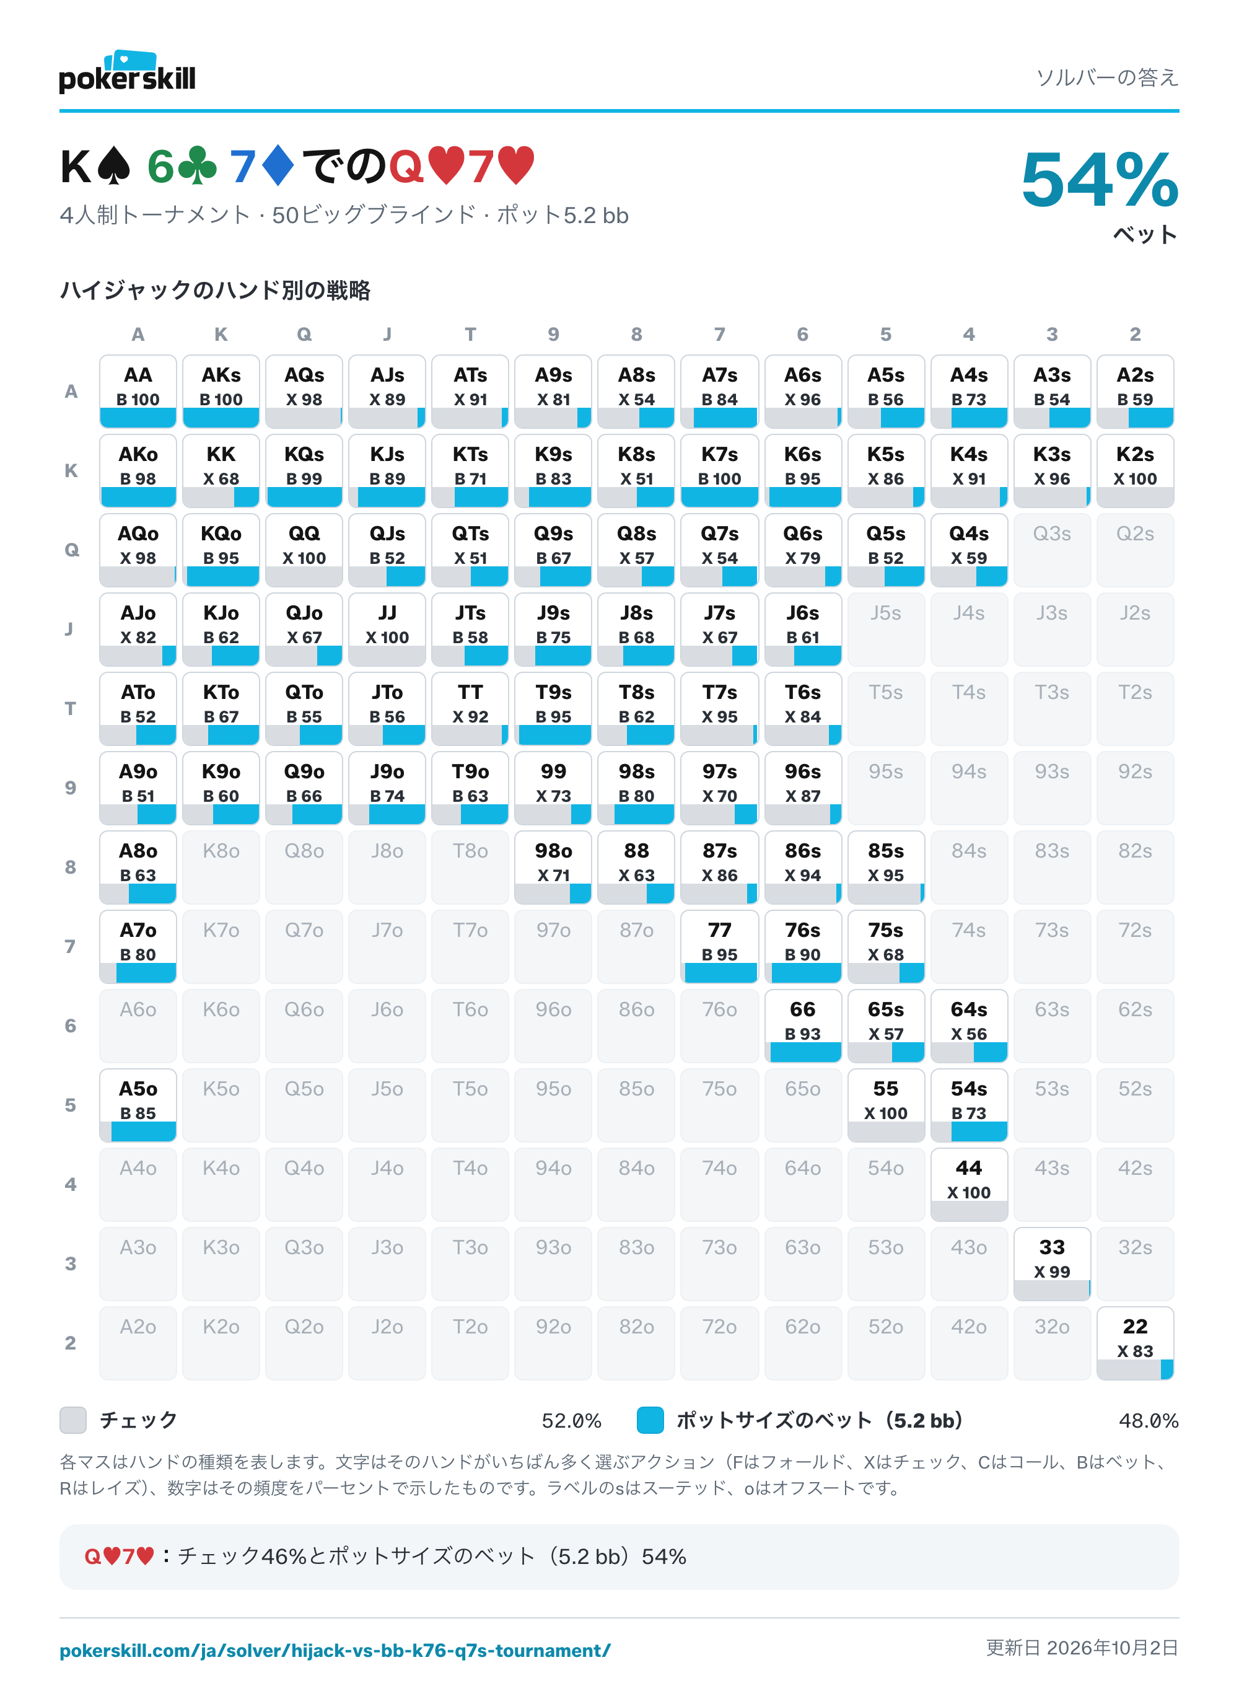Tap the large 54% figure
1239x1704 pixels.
point(1099,180)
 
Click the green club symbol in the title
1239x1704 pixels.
point(198,167)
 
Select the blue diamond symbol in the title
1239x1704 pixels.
point(278,166)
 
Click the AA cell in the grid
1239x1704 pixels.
point(138,392)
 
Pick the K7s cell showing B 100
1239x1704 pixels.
point(719,471)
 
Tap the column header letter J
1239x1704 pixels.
point(387,335)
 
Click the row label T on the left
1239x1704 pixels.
point(71,708)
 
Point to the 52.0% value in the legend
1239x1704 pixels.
point(571,1421)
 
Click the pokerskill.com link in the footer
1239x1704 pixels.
point(335,1651)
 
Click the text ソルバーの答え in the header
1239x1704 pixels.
point(1107,77)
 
